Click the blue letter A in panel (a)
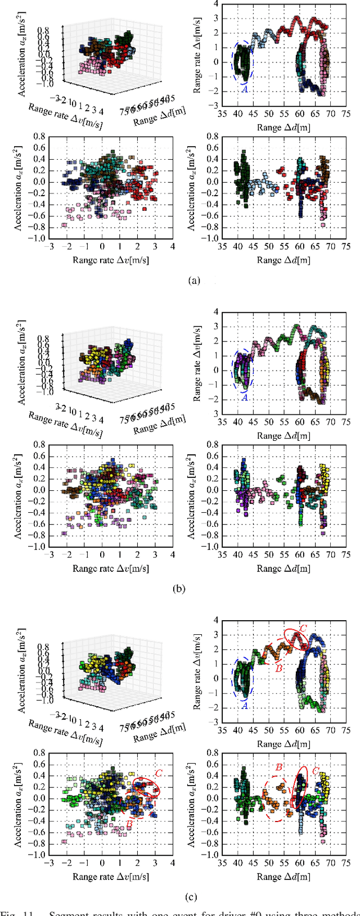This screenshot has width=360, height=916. click(x=245, y=89)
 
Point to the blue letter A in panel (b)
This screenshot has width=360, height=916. click(x=245, y=397)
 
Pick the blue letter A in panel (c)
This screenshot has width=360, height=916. click(x=245, y=705)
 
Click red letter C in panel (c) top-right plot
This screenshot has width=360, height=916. click(x=303, y=628)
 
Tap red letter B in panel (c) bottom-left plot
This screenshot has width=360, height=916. click(x=128, y=825)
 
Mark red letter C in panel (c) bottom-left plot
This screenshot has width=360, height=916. click(x=159, y=774)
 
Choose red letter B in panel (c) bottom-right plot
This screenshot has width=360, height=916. click(x=278, y=767)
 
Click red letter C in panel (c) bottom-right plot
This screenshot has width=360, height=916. click(x=315, y=771)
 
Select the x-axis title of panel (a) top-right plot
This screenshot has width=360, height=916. click(x=283, y=128)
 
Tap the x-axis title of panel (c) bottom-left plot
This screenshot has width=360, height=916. click(x=111, y=877)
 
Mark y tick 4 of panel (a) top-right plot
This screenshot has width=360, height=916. click(x=208, y=4)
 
